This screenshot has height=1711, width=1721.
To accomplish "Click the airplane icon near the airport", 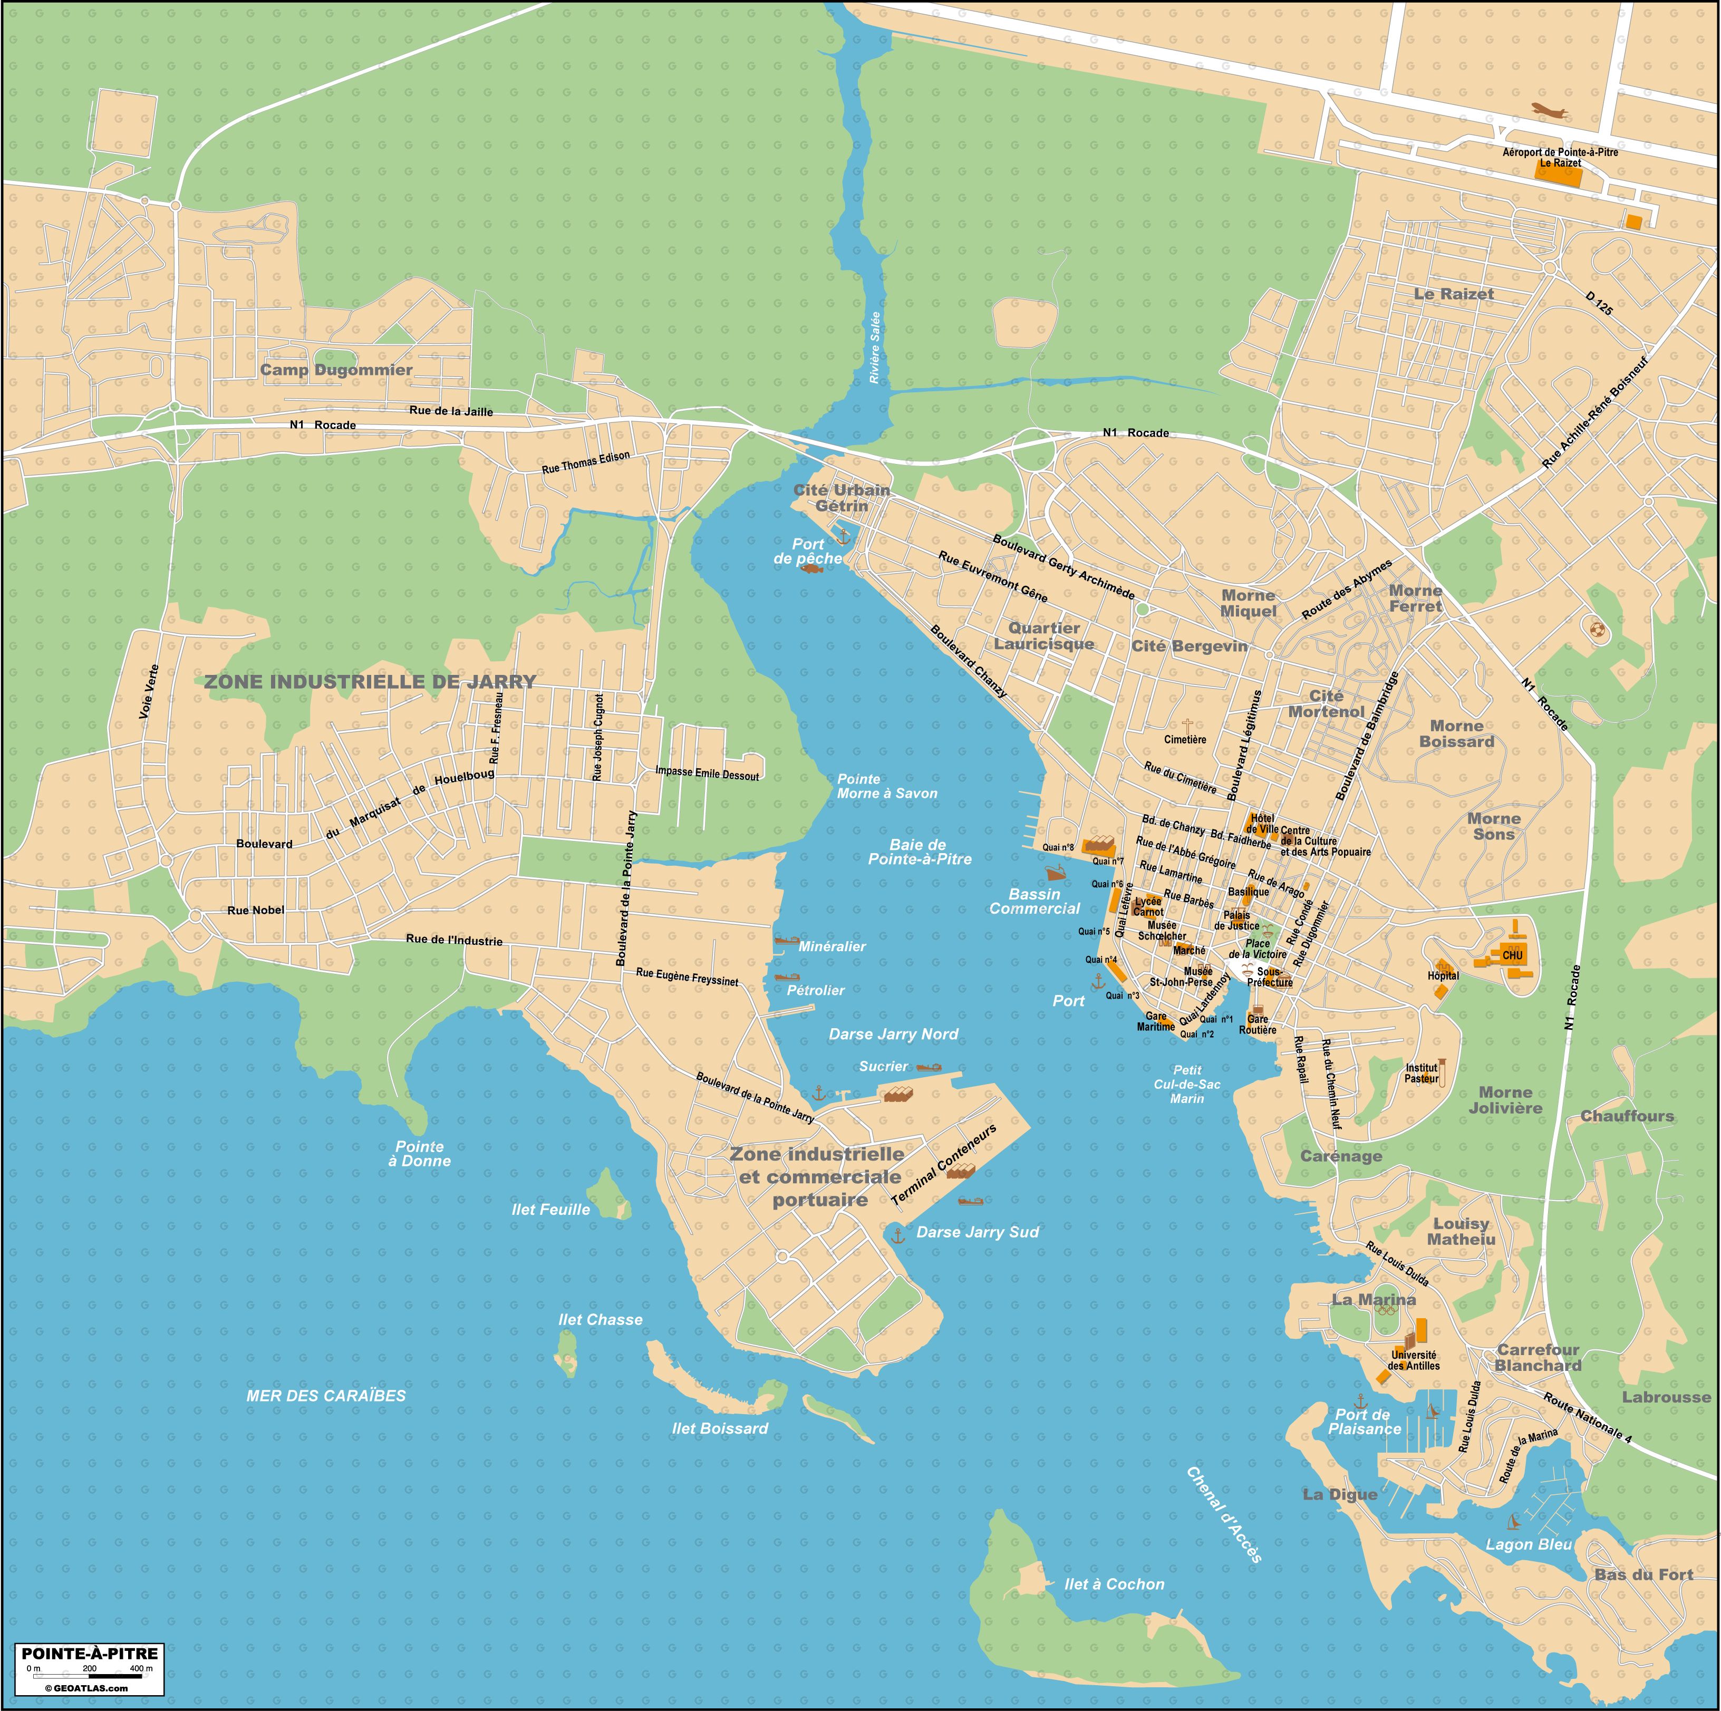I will point(1550,111).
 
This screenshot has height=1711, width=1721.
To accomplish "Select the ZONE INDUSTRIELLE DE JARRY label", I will point(371,681).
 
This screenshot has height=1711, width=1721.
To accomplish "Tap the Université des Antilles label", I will point(1415,1360).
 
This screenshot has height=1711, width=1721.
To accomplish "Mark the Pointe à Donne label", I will point(420,1154).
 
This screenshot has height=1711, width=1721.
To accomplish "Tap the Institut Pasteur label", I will point(1422,1074).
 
